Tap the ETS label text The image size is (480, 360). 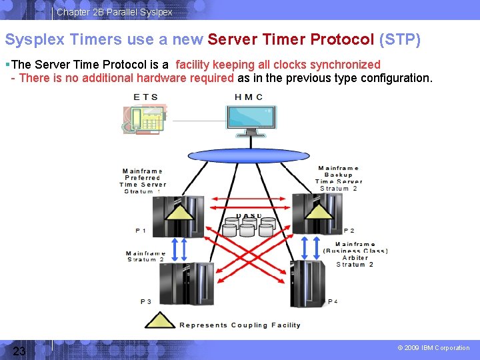146,97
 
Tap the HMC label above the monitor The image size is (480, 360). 249,97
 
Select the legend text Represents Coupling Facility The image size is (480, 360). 239,325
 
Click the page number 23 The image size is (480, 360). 19,351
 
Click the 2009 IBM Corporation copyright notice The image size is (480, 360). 433,348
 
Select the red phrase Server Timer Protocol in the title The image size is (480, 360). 291,40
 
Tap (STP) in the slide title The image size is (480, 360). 399,40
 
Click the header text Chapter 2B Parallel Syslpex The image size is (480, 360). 114,12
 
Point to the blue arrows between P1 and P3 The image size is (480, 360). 176,249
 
